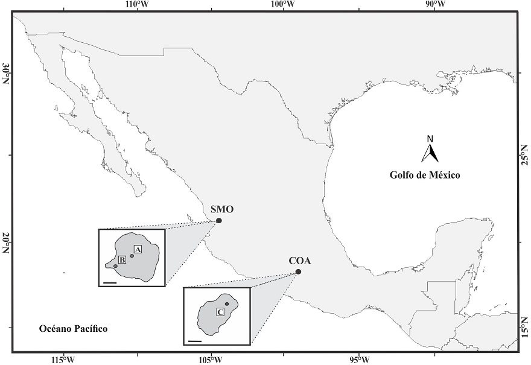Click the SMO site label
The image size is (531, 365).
point(222,210)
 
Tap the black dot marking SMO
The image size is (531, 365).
point(219,221)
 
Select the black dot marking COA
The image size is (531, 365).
point(298,272)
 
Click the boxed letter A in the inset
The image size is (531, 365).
point(137,249)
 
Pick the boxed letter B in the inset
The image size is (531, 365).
point(122,260)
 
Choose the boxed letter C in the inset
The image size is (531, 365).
point(220,312)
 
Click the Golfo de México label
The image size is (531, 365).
point(424,176)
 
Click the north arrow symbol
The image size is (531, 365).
point(430,151)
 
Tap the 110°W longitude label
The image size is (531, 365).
point(137,5)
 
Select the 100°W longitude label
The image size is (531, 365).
point(283,5)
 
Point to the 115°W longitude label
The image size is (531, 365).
point(63,360)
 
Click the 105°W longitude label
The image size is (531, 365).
point(211,360)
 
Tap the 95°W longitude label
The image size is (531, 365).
point(359,360)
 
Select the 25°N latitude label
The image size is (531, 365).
point(524,154)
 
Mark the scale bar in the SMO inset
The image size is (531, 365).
point(109,281)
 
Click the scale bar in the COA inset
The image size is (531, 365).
point(194,341)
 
